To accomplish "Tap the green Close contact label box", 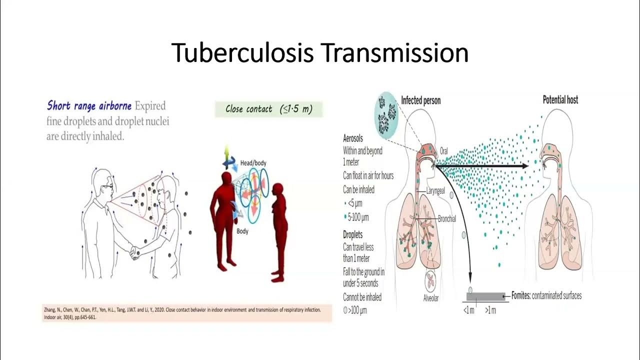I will pyautogui.click(x=268, y=109).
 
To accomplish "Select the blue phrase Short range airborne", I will pyautogui.click(x=89, y=105).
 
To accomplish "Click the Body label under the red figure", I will pyautogui.click(x=242, y=231).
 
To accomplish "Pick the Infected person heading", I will pyautogui.click(x=420, y=100).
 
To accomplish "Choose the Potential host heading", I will pyautogui.click(x=560, y=100).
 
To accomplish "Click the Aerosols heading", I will pyautogui.click(x=353, y=138).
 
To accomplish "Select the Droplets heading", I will pyautogui.click(x=353, y=234).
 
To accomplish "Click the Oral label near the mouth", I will pyautogui.click(x=444, y=149).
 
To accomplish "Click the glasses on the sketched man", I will pyautogui.click(x=108, y=186).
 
